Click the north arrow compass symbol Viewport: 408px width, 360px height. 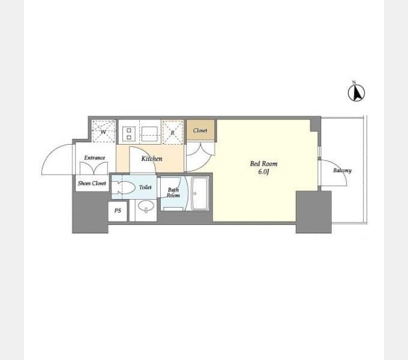(356, 92)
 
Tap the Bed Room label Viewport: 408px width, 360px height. (263, 164)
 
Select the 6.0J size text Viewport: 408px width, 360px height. (263, 172)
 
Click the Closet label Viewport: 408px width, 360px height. (200, 130)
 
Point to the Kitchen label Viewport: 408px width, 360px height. (152, 158)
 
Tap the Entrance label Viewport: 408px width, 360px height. (94, 158)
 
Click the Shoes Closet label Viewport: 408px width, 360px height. (92, 183)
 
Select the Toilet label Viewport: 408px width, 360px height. (145, 187)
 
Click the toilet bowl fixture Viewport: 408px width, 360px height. (124, 187)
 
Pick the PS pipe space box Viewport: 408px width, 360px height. (118, 211)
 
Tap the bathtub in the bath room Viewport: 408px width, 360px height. (200, 194)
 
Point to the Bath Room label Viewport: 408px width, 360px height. (173, 193)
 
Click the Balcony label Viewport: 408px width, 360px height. (342, 170)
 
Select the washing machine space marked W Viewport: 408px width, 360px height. (103, 131)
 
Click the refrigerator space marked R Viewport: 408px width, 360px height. (173, 132)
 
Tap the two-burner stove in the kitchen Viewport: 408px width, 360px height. (129, 134)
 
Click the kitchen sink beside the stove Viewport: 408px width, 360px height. (149, 134)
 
